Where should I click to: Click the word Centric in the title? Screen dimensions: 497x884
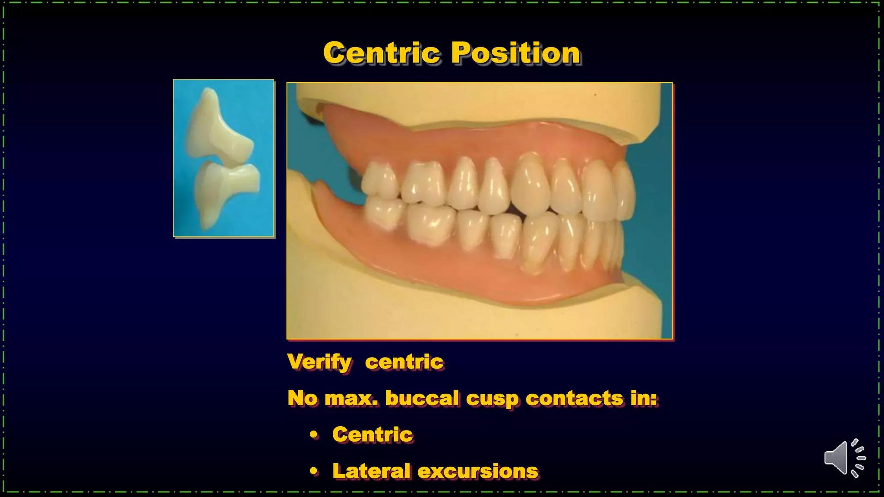click(x=381, y=53)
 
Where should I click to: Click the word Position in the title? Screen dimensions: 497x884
click(x=516, y=53)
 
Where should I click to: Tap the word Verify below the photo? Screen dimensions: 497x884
click(x=319, y=362)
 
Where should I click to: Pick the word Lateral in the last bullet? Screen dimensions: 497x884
click(x=371, y=471)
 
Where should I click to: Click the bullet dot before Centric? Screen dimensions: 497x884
click(x=314, y=435)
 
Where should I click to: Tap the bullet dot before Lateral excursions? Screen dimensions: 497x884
click(x=314, y=471)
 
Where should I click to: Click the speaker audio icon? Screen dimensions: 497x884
click(x=844, y=458)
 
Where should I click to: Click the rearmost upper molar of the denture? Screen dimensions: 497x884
click(x=379, y=182)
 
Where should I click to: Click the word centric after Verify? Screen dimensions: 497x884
click(x=404, y=362)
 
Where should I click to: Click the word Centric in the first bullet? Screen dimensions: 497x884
click(x=373, y=434)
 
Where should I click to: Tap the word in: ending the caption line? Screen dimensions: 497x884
click(x=644, y=398)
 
